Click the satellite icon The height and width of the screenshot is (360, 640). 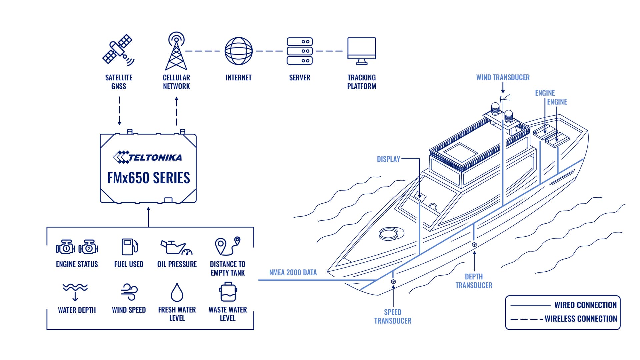[x=118, y=49]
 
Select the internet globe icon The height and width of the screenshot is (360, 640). [x=238, y=51]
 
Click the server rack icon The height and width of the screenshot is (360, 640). [x=300, y=51]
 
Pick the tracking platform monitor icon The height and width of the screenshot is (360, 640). [x=362, y=51]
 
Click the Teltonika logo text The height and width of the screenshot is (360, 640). [x=148, y=157]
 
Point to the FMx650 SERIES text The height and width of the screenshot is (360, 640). [x=148, y=178]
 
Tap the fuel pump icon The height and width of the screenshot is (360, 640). [x=130, y=247]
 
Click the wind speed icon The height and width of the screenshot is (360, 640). [x=129, y=292]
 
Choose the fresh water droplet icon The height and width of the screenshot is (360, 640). [x=177, y=292]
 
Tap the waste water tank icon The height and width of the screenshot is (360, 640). [x=228, y=292]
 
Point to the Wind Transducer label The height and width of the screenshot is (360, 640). [x=503, y=77]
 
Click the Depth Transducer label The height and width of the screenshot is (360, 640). [x=474, y=281]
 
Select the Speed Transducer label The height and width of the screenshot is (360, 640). [x=393, y=316]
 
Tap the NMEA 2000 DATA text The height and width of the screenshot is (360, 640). [x=293, y=272]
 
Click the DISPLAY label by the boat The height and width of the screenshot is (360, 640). [x=388, y=159]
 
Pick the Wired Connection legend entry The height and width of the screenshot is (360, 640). [x=564, y=305]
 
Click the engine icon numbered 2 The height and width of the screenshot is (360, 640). [x=88, y=247]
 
